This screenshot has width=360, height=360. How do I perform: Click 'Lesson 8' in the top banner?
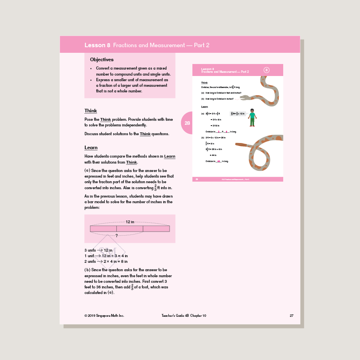click(x=97, y=45)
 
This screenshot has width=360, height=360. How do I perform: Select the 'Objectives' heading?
click(x=102, y=60)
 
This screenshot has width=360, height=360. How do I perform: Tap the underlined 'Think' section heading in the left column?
click(x=90, y=111)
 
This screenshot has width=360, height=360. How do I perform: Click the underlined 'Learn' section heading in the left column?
click(x=91, y=148)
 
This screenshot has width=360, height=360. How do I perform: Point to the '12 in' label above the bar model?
click(x=130, y=222)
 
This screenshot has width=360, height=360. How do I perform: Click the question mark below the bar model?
click(x=116, y=236)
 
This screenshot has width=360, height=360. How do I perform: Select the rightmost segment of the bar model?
click(x=156, y=229)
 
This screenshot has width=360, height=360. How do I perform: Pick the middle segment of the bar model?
click(x=130, y=229)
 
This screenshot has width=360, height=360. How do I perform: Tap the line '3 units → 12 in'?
click(x=98, y=250)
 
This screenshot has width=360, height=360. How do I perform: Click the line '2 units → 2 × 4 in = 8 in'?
click(x=106, y=261)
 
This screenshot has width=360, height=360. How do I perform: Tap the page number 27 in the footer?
click(x=292, y=316)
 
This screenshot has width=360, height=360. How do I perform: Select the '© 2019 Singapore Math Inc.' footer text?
click(x=104, y=316)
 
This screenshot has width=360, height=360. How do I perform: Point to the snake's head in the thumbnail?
click(x=245, y=97)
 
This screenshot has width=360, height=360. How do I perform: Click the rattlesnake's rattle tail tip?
click(x=238, y=144)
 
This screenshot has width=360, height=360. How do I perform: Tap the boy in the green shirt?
click(x=252, y=117)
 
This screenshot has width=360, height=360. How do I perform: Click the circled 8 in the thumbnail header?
click(x=266, y=70)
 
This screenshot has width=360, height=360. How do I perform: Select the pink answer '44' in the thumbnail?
click(x=218, y=162)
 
